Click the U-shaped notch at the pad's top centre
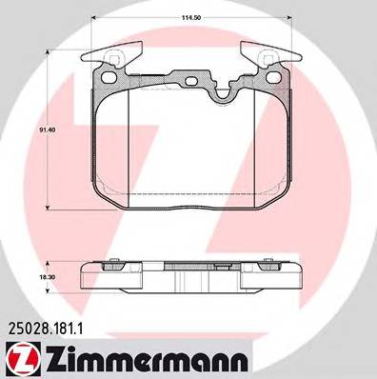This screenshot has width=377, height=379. (226, 91)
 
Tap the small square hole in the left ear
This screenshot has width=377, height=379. (114, 67)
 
